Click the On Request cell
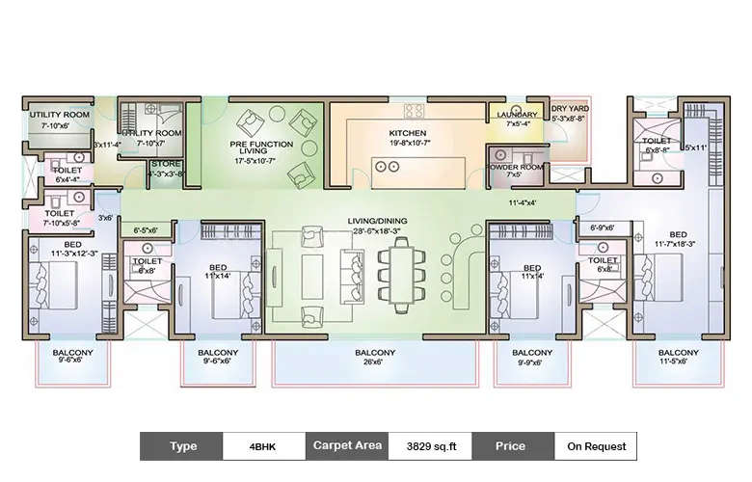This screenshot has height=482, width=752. (x=595, y=446)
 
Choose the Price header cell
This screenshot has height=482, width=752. (x=512, y=446)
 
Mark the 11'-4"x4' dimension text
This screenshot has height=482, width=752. (x=523, y=203)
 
